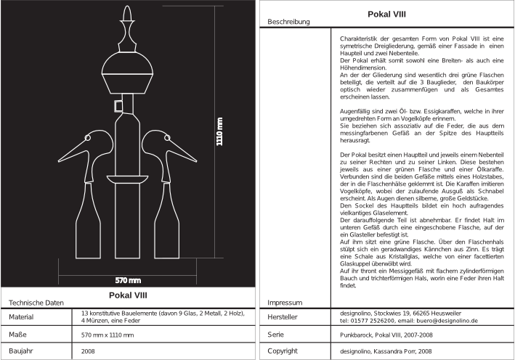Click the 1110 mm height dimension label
[x=219, y=132]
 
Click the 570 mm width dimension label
[x=129, y=280]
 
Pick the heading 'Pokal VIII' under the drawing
[x=129, y=295]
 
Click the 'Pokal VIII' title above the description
[x=386, y=13]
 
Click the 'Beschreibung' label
[x=288, y=22]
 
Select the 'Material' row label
[x=23, y=317]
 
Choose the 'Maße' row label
[x=19, y=335]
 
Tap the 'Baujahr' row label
[x=23, y=351]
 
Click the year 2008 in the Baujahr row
[x=89, y=351]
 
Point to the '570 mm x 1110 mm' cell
[x=108, y=335]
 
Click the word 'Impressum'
[x=284, y=302]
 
